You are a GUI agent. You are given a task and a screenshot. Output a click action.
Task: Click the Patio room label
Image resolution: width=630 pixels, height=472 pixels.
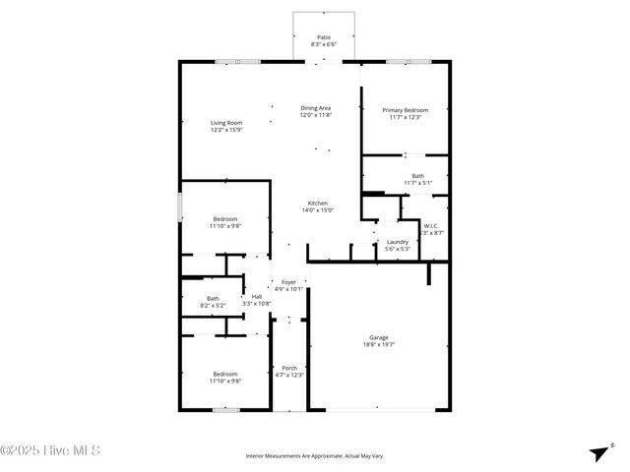click(324, 36)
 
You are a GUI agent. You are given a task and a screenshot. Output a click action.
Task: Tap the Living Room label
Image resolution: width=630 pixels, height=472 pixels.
click(225, 122)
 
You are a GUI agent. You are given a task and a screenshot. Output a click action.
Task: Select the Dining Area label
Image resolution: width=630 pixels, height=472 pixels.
click(316, 107)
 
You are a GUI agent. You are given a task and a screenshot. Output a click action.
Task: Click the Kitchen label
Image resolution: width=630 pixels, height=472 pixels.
click(317, 203)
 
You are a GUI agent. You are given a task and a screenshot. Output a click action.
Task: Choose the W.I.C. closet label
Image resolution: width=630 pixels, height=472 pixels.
click(431, 225)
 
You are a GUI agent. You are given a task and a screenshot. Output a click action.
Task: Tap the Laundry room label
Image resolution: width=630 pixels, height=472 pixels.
click(398, 241)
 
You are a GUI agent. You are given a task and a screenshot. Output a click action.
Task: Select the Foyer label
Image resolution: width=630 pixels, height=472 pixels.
click(288, 282)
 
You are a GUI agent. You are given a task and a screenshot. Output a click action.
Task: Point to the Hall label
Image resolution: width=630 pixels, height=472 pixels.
click(257, 296)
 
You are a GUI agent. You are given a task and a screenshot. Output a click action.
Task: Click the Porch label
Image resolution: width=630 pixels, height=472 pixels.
click(289, 368)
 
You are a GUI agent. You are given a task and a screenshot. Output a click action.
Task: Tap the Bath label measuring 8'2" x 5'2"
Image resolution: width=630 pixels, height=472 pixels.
click(213, 298)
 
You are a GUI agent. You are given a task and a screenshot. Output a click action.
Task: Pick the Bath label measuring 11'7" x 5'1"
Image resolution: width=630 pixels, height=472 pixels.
click(418, 176)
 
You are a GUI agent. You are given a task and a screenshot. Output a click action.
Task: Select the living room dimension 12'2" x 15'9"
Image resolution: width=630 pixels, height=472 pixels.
click(225, 130)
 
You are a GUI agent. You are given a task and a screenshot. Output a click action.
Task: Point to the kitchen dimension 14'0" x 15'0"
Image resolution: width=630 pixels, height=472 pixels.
click(317, 209)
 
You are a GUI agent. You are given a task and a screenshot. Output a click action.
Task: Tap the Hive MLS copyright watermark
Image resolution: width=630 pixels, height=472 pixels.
click(50, 451)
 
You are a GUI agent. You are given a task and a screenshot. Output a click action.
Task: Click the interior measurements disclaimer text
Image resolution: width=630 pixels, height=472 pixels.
click(314, 456)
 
